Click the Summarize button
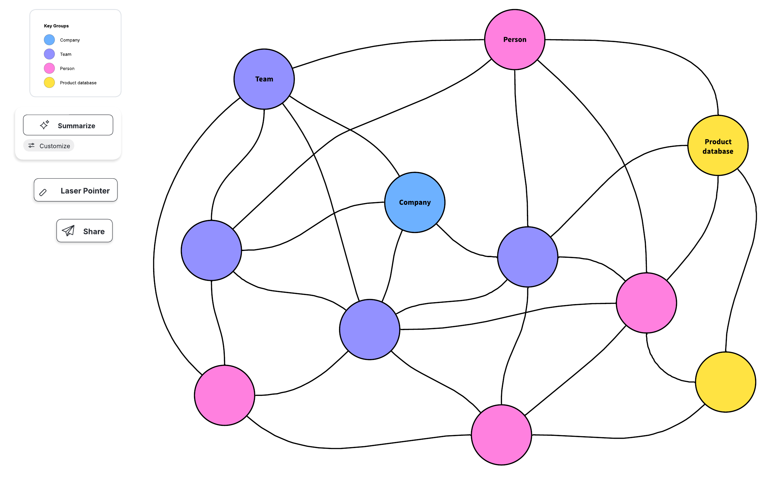68,125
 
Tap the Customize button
49,146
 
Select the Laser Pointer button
76,190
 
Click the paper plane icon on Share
68,231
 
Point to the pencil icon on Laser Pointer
43,192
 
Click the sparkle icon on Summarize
44,125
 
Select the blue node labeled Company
415,202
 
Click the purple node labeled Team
264,79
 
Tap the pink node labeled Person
515,40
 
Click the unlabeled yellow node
725,382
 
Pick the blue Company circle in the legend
49,40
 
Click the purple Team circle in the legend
49,54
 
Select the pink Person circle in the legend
49,68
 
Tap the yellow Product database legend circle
49,83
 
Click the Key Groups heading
56,26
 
